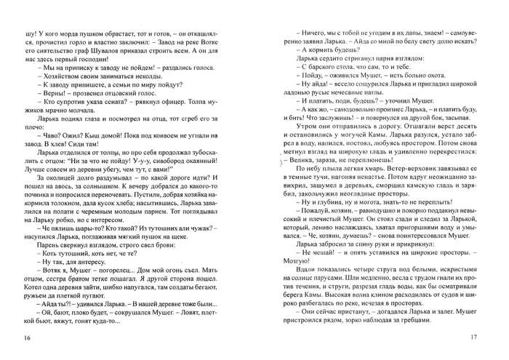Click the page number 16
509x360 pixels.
click(28, 337)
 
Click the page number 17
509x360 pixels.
click(473, 337)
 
